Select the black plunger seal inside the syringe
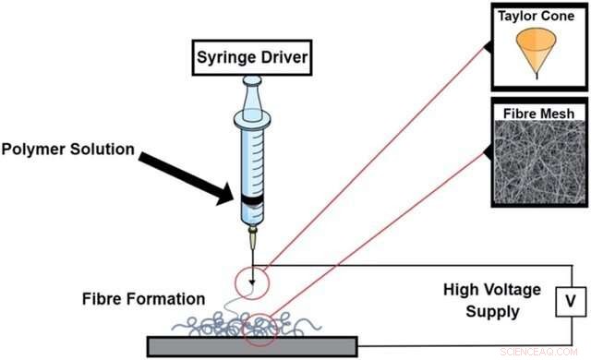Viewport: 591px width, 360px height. (x=251, y=199)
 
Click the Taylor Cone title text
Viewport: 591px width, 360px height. (x=537, y=17)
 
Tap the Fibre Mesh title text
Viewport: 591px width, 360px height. (x=537, y=113)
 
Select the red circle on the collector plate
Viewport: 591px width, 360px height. (x=260, y=333)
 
